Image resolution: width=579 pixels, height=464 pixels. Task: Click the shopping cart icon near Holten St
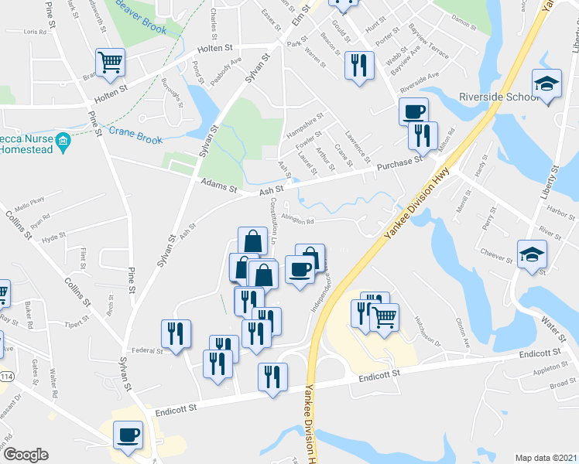[110, 62]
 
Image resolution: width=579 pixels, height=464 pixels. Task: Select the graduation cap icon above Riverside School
[546, 83]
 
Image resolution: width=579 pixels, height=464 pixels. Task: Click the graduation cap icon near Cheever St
[532, 254]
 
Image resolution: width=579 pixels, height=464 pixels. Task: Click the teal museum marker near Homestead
[63, 142]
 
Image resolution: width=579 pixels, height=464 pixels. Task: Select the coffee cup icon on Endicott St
[128, 435]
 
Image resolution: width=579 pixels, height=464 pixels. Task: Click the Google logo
[25, 455]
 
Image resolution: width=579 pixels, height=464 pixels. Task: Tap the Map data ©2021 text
[546, 457]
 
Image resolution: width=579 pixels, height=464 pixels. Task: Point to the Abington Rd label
[297, 220]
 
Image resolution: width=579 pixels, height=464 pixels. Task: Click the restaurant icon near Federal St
[176, 334]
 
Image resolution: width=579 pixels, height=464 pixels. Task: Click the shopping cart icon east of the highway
[384, 316]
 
